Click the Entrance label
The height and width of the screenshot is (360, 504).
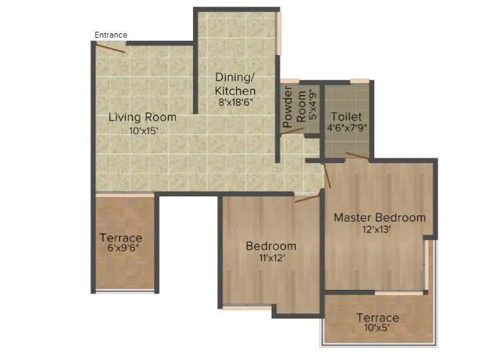coord(111,35)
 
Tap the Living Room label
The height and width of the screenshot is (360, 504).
coord(142,117)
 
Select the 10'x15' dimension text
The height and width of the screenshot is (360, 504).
coord(143,131)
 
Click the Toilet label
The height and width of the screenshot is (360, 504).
coord(346,117)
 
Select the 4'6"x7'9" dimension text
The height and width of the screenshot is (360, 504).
coord(346,129)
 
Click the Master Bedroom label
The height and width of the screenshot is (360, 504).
coord(380,217)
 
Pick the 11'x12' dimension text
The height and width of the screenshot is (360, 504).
coord(270,258)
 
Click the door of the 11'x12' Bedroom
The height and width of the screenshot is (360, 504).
coord(308,198)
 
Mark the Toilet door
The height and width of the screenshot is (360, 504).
coord(358,157)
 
